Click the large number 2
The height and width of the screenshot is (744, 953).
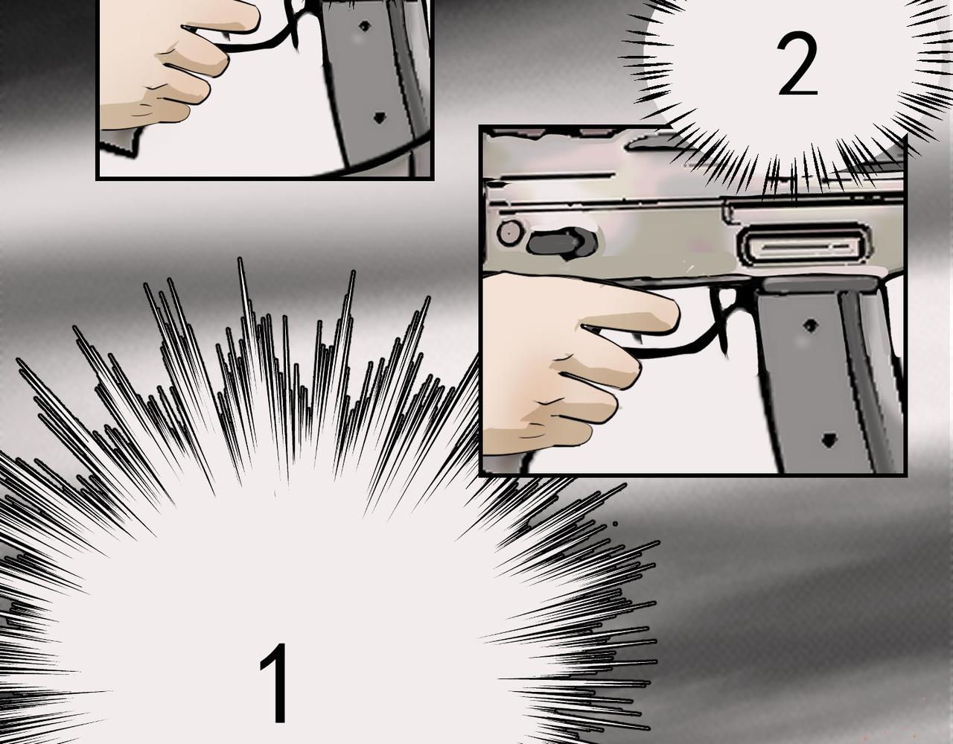pyautogui.click(x=797, y=64)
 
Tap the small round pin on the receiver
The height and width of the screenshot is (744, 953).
pyautogui.click(x=509, y=233)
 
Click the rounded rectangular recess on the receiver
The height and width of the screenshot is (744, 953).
pyautogui.click(x=804, y=246)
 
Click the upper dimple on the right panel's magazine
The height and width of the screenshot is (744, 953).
pyautogui.click(x=811, y=325)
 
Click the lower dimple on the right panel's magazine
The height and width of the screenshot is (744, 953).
pyautogui.click(x=828, y=439)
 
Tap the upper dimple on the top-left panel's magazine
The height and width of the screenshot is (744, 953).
pyautogui.click(x=364, y=27)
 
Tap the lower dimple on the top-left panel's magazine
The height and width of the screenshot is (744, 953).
pyautogui.click(x=380, y=118)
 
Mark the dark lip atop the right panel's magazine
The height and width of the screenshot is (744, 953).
pyautogui.click(x=820, y=285)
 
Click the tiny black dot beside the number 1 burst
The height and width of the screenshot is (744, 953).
pyautogui.click(x=615, y=524)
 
